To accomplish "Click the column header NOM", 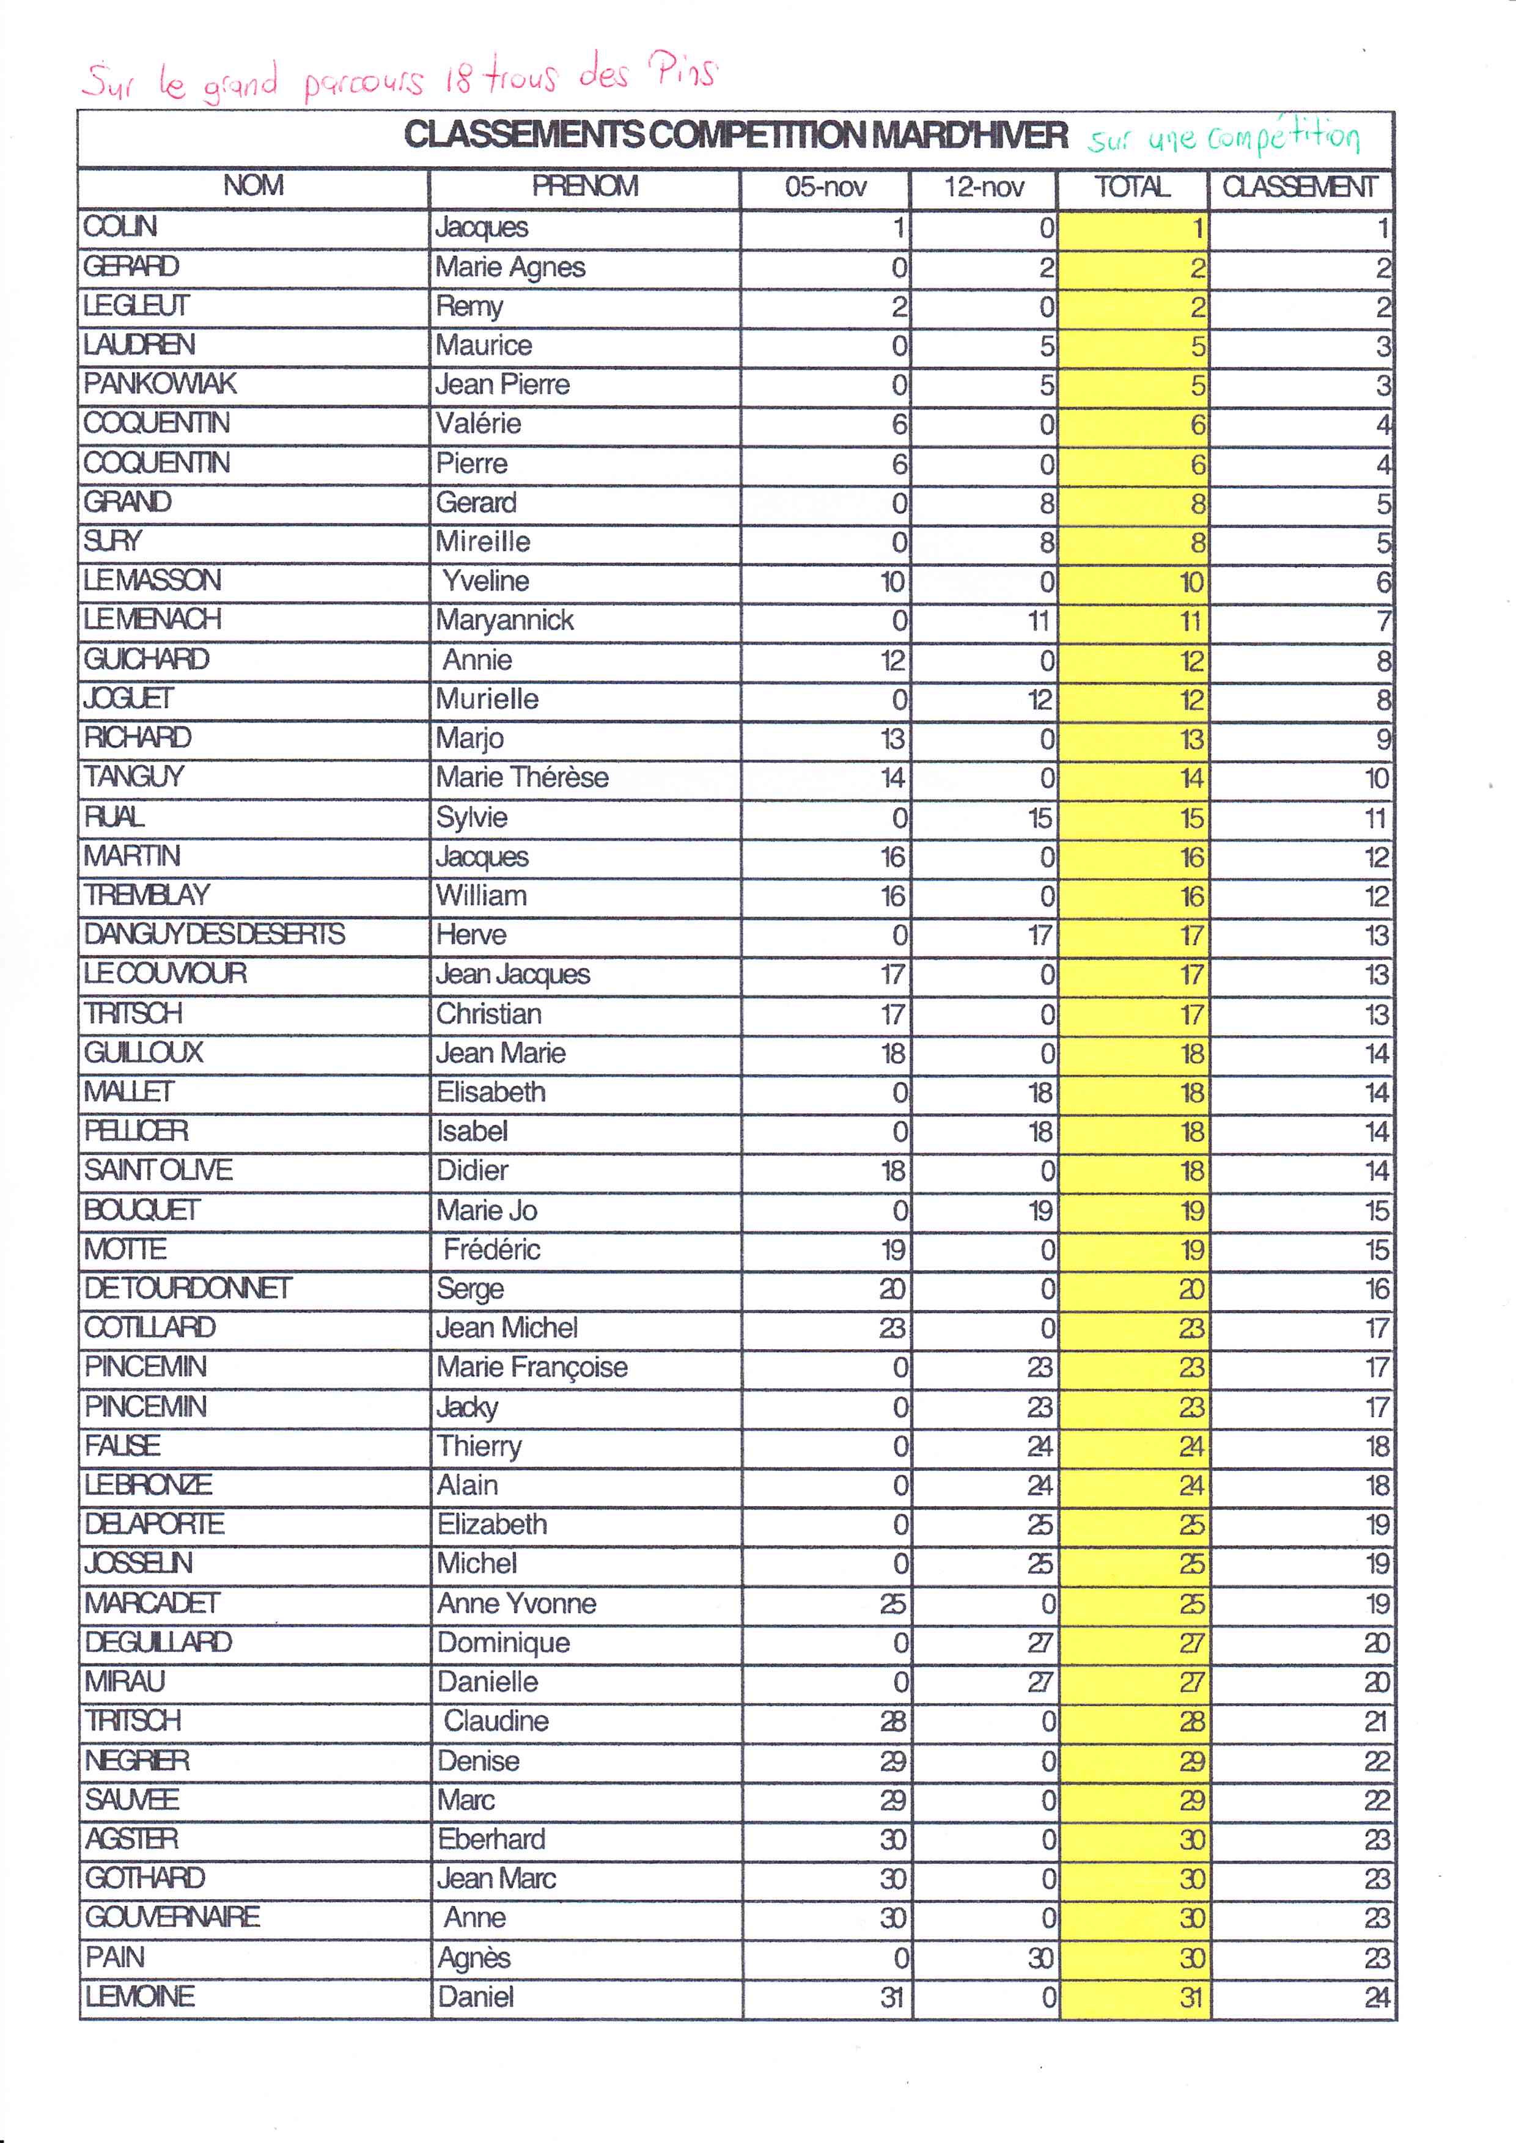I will coord(253,186).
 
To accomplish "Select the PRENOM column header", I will coord(584,186).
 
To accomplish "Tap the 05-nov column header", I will coord(825,188).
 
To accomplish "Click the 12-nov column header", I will coord(984,188).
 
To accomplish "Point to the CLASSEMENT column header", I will coord(1300,188).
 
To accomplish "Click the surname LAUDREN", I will coord(139,345).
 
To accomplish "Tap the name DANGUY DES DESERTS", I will coord(214,934).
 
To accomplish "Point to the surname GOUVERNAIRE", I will coord(173,1917).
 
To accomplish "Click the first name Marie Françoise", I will coord(532,1368).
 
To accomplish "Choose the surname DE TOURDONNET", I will coord(188,1289).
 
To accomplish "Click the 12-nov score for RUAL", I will coord(1039,819).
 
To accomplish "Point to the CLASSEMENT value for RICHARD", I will coord(1383,739).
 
